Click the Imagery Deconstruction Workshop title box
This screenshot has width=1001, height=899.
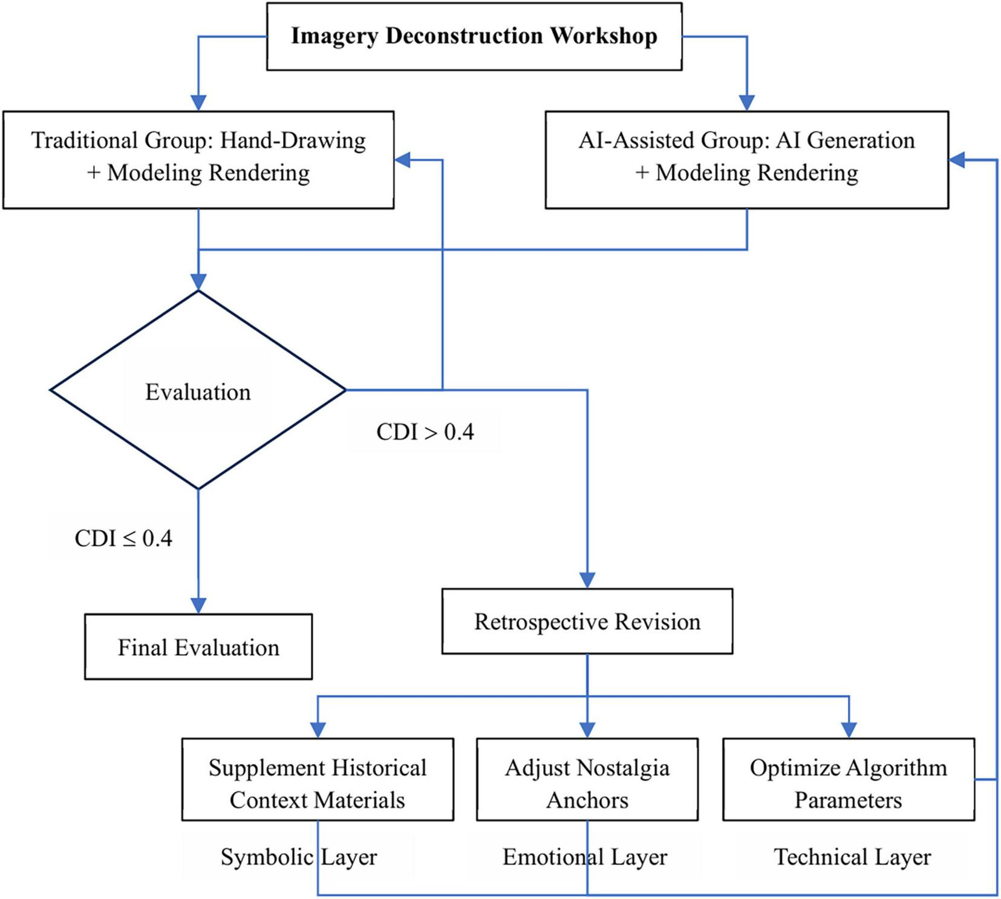point(474,36)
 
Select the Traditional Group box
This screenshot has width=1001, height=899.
point(198,160)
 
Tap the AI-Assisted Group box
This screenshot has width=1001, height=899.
point(746,160)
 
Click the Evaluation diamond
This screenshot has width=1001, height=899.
point(198,391)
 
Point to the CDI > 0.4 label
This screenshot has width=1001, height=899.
point(425,432)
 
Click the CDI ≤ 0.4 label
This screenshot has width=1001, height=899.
point(123,538)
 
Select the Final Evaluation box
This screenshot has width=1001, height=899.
point(198,647)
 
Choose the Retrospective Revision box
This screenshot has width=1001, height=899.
point(587,621)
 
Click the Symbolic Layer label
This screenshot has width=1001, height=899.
point(299,857)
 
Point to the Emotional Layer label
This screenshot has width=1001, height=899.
point(584,857)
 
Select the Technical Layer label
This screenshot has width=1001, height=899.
point(852,857)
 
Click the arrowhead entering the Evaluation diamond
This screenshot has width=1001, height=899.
point(198,283)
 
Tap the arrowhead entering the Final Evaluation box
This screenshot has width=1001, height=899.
point(198,606)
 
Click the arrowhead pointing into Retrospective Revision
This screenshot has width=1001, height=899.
point(587,580)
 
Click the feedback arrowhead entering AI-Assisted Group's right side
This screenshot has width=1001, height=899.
point(957,160)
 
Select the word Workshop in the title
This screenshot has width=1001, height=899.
point(603,36)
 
